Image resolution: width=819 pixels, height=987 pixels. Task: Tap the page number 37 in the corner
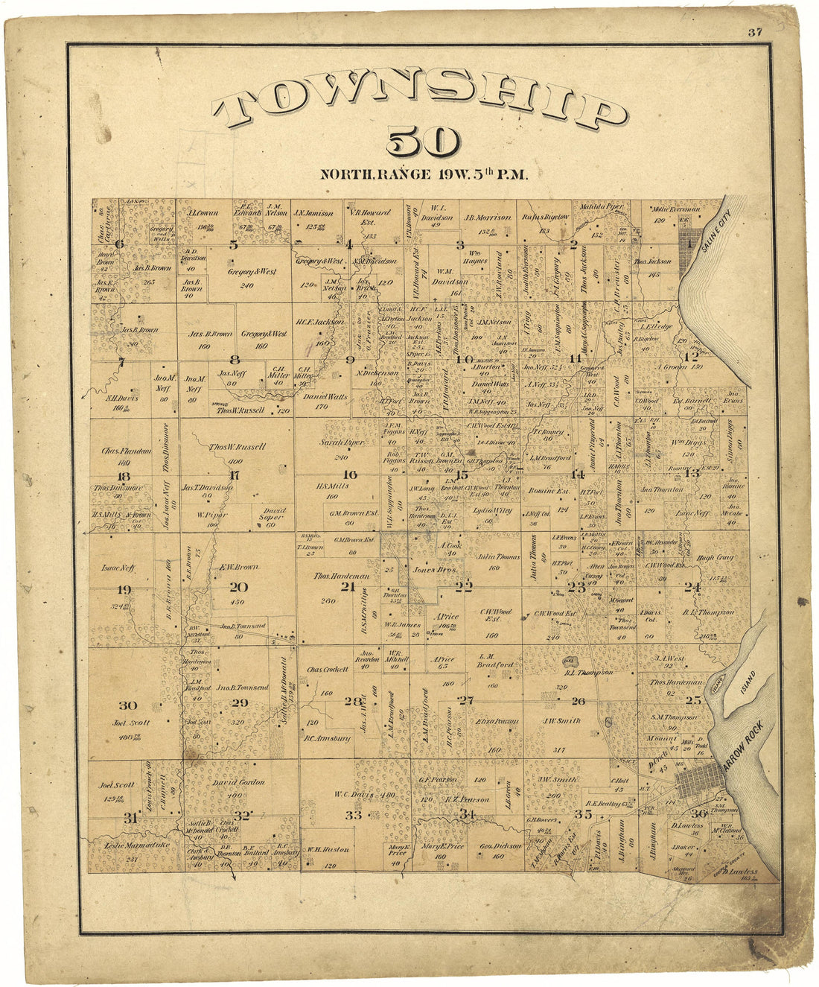pos(756,31)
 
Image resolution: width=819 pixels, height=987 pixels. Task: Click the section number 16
pos(349,475)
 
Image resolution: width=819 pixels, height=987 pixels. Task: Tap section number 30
pos(127,705)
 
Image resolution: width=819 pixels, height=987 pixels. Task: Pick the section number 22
pos(464,586)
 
